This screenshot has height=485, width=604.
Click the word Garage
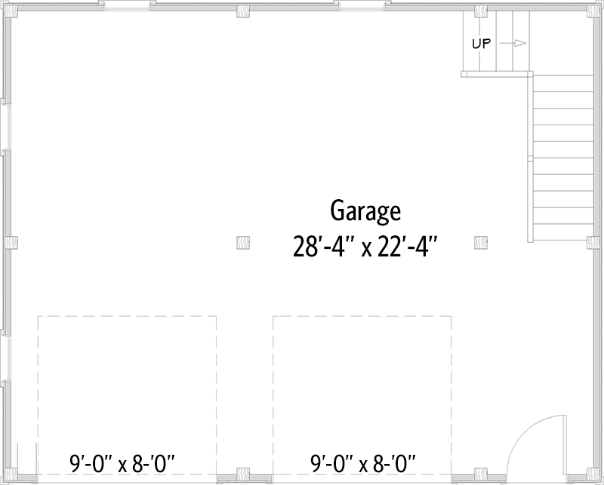[365, 211]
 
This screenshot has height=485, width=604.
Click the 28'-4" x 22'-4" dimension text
[365, 246]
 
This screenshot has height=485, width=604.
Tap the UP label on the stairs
[482, 44]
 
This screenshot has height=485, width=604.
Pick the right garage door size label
[363, 460]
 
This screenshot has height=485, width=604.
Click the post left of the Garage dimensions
[243, 242]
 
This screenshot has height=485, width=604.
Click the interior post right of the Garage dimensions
[480, 242]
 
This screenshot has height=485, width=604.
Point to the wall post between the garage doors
[243, 474]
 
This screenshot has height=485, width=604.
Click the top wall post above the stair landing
[480, 11]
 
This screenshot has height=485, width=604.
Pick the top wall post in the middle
[243, 11]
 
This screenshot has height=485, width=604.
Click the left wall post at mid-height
[10, 242]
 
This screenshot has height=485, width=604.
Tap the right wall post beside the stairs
[593, 242]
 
